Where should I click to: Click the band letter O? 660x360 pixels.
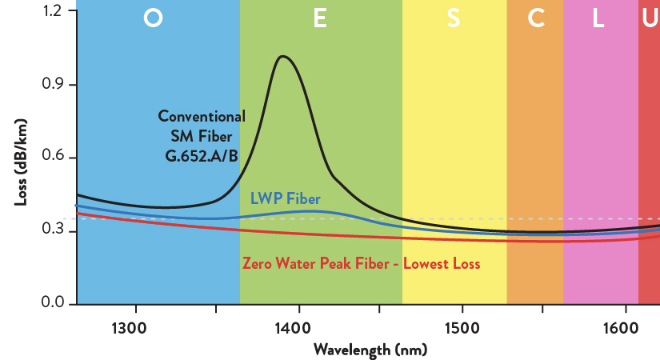coord(153,20)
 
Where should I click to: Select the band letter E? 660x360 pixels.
coord(320,20)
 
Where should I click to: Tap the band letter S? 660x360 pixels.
coord(454,20)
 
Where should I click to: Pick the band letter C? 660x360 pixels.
coord(536,20)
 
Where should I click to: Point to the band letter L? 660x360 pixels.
coord(598,20)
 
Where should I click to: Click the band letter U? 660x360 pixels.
coord(649,20)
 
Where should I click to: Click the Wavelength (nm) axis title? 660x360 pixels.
coord(370,350)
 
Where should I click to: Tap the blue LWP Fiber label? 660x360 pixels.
coord(286,198)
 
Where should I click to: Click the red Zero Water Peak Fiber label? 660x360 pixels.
coord(361,262)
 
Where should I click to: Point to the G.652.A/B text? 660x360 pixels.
coord(201,155)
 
